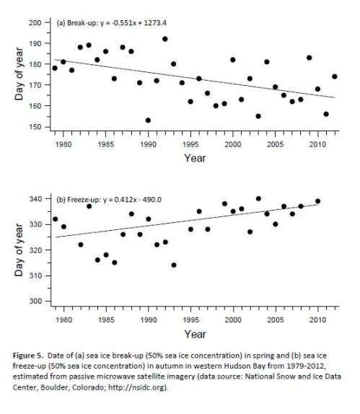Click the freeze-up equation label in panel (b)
pyautogui.click(x=106, y=199)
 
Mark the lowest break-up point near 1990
pyautogui.click(x=148, y=120)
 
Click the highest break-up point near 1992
pyautogui.click(x=165, y=39)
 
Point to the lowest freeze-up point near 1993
pyautogui.click(x=174, y=265)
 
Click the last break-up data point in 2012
pyautogui.click(x=335, y=76)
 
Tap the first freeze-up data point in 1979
pyautogui.click(x=55, y=219)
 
